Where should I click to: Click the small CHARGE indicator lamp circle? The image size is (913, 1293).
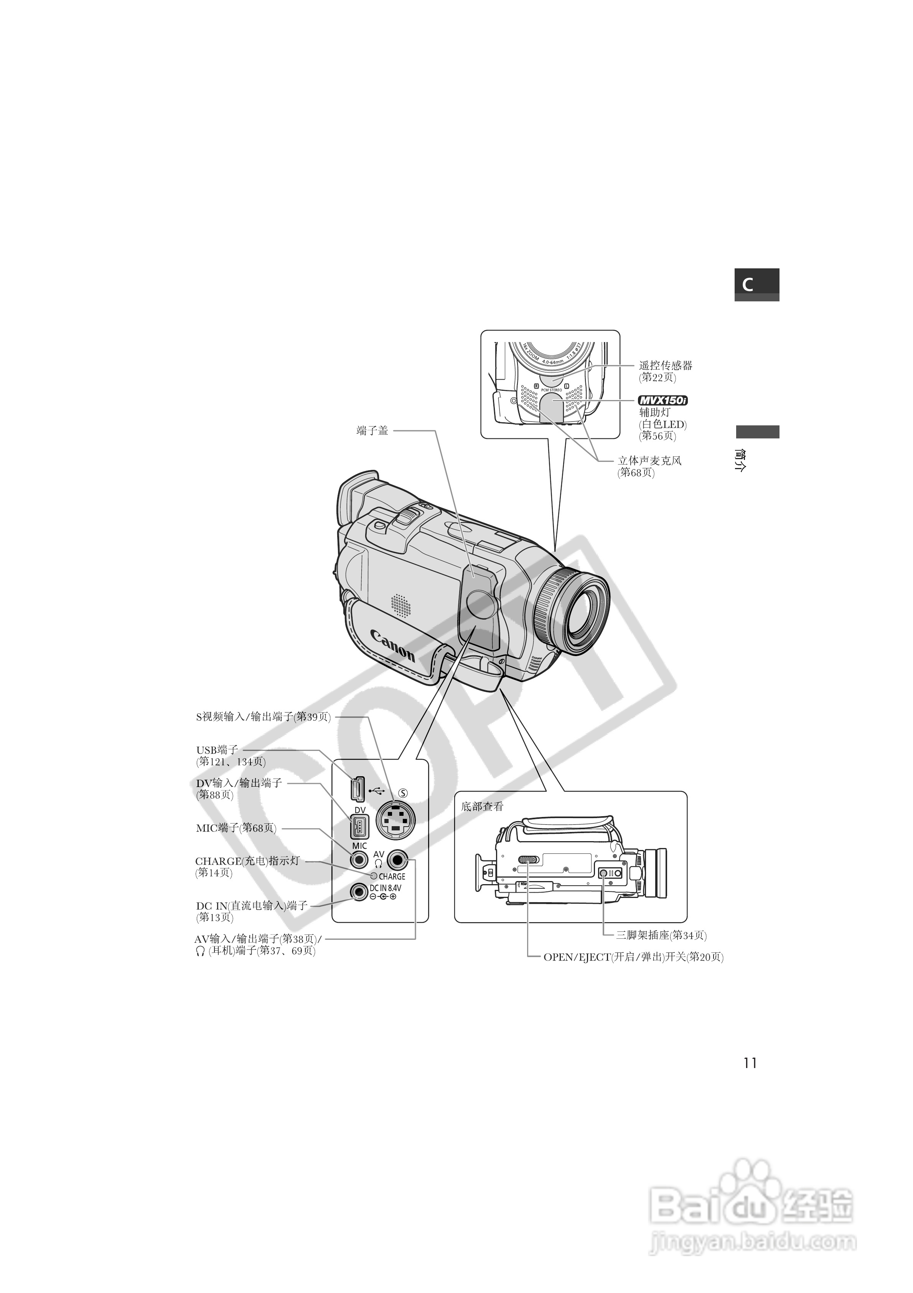pyautogui.click(x=373, y=876)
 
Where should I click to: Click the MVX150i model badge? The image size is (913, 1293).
pyautogui.click(x=663, y=400)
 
